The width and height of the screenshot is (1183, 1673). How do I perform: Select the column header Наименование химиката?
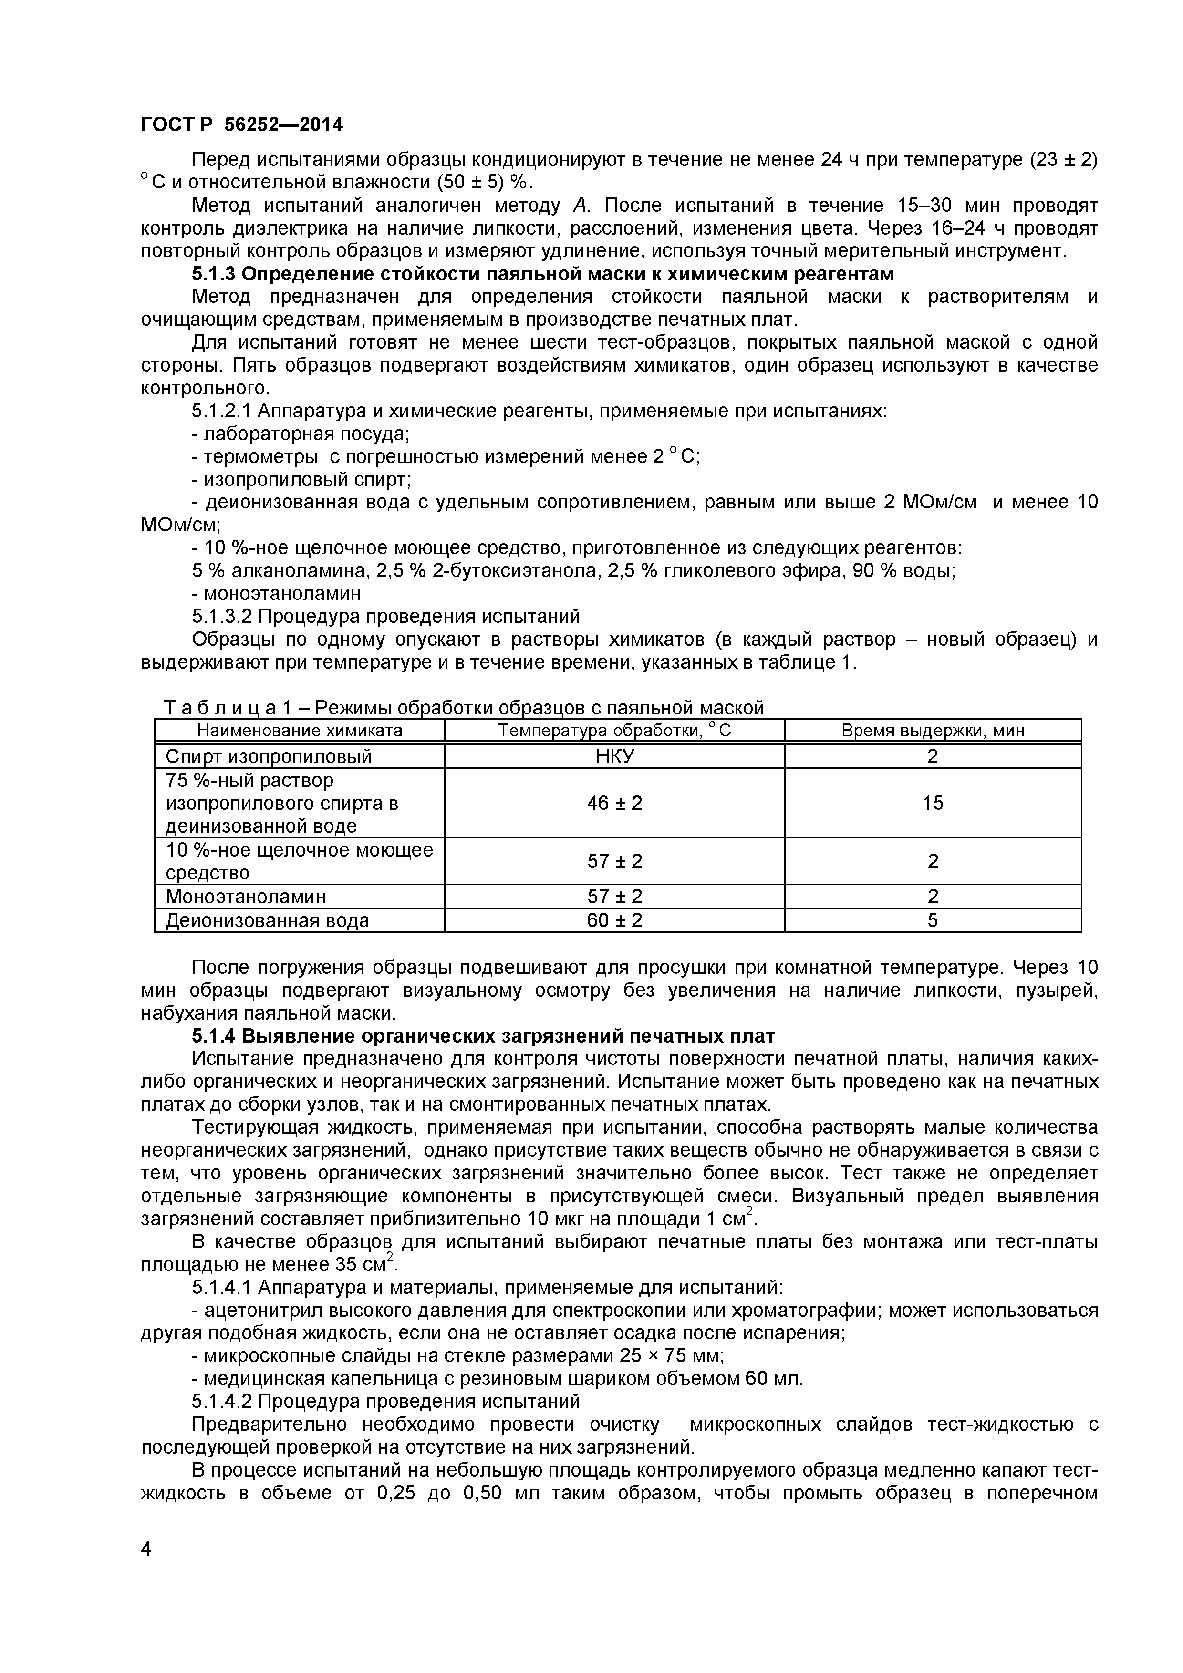300,731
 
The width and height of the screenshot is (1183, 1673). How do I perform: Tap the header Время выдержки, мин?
932,731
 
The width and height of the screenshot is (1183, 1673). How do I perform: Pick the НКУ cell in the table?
614,756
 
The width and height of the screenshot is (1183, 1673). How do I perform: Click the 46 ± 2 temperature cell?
614,803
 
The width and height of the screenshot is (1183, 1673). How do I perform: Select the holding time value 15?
932,803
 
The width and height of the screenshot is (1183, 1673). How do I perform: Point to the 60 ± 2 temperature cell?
614,920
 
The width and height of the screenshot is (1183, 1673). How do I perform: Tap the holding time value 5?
932,920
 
